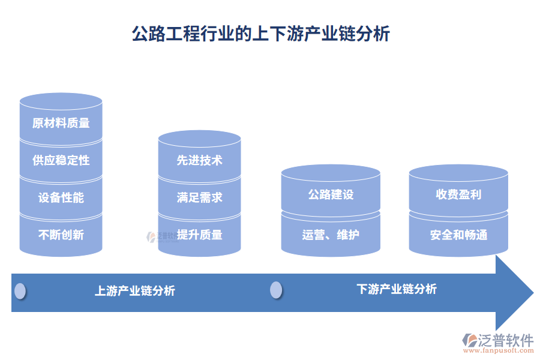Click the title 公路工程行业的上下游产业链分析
[261, 34]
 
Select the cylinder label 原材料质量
[61, 123]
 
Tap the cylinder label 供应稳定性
[61, 160]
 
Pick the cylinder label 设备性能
[61, 197]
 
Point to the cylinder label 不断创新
[61, 235]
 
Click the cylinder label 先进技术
[199, 160]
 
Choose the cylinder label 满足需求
[199, 197]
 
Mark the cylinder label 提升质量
[200, 235]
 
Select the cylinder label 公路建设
[331, 195]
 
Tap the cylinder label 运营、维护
[331, 235]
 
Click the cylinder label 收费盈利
[458, 195]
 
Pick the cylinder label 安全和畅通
[458, 235]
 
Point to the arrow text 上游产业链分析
[135, 291]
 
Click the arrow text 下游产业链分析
[397, 289]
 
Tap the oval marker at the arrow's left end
[20, 291]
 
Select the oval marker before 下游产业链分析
[276, 290]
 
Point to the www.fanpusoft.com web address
[502, 352]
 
